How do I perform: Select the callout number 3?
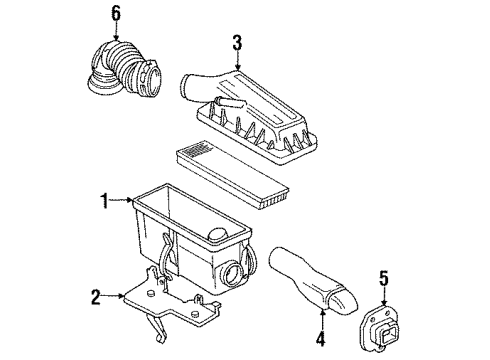pos(237,42)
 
